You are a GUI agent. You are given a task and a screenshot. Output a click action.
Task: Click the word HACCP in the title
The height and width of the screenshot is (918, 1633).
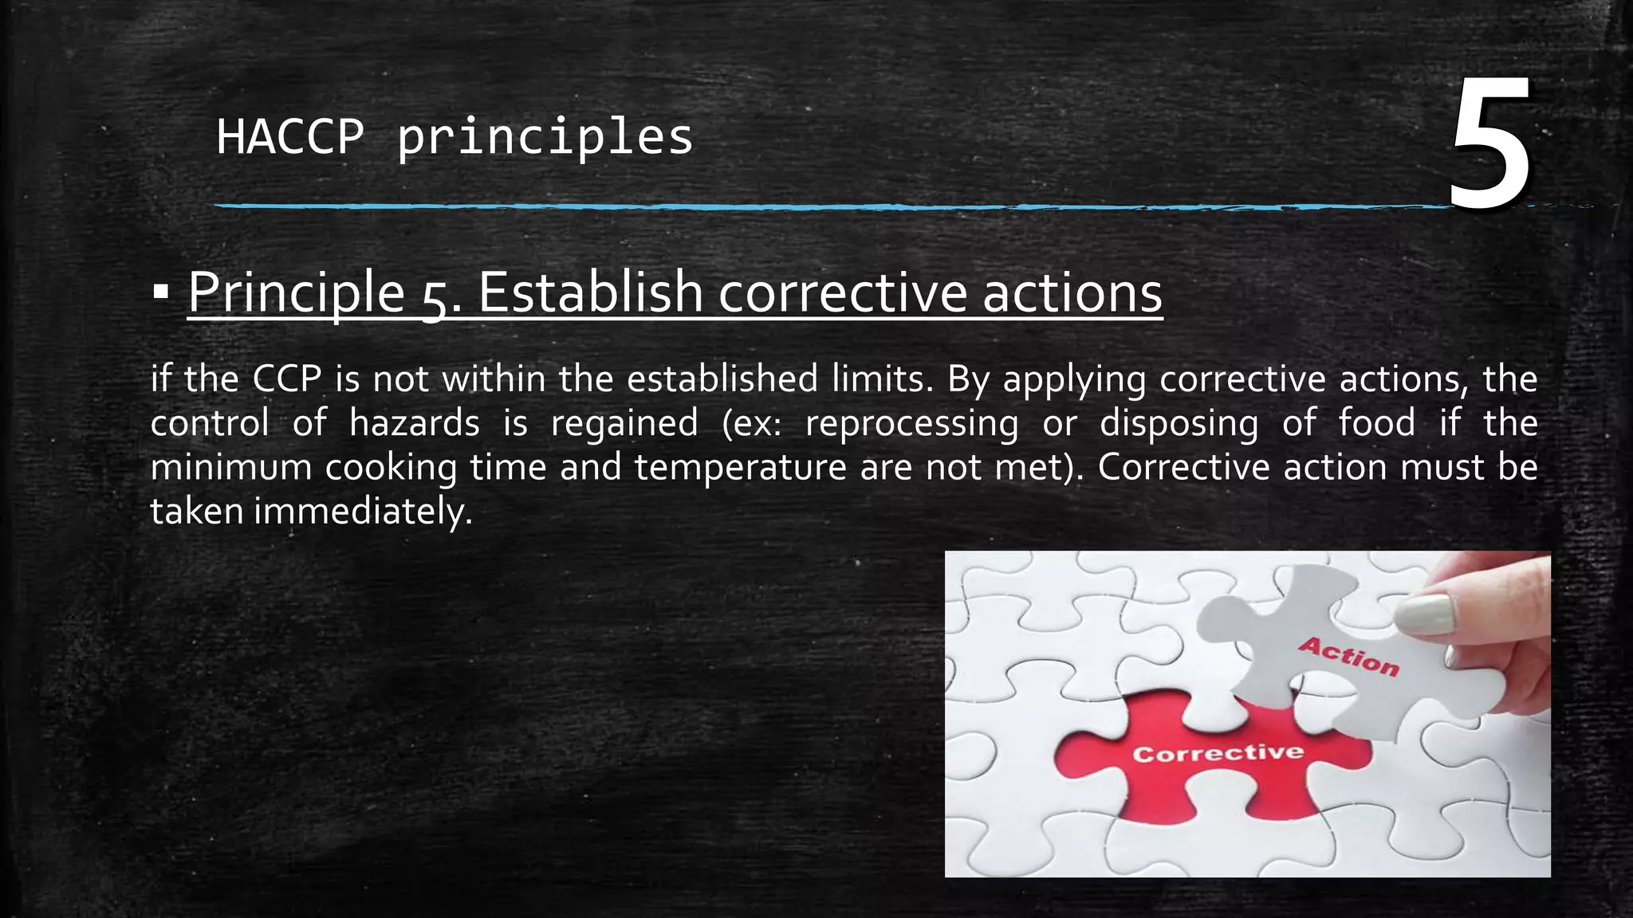pyautogui.click(x=290, y=136)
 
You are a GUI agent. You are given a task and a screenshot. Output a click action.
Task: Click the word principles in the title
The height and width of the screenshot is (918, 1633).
pyautogui.click(x=545, y=138)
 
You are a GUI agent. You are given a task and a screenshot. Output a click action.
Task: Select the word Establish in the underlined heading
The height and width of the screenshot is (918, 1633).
pyautogui.click(x=590, y=292)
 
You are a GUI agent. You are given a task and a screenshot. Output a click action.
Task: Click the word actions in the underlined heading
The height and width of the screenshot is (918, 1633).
pyautogui.click(x=1072, y=292)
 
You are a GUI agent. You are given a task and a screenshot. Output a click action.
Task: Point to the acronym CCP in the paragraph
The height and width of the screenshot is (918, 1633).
pyautogui.click(x=287, y=379)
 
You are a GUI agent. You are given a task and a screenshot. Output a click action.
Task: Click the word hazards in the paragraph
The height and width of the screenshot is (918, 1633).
pyautogui.click(x=415, y=422)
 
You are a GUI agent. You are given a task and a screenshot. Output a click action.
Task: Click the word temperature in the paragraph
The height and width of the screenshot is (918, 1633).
pyautogui.click(x=740, y=468)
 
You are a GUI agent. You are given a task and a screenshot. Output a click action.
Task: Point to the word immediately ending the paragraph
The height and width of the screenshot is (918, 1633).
pyautogui.click(x=363, y=512)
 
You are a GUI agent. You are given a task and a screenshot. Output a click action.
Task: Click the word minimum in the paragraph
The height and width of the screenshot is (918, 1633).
pyautogui.click(x=230, y=468)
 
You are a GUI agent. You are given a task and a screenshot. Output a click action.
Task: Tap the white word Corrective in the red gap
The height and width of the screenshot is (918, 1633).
pyautogui.click(x=1218, y=753)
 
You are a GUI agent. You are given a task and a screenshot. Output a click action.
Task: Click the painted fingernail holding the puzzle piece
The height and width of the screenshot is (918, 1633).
pyautogui.click(x=1426, y=614)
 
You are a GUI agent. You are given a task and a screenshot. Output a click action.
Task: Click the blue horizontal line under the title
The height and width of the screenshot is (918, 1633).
pyautogui.click(x=797, y=206)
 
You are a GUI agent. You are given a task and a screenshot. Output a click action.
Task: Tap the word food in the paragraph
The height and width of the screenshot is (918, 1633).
pyautogui.click(x=1376, y=422)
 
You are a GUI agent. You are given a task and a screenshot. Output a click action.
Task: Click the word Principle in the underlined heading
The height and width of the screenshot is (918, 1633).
pyautogui.click(x=297, y=292)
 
